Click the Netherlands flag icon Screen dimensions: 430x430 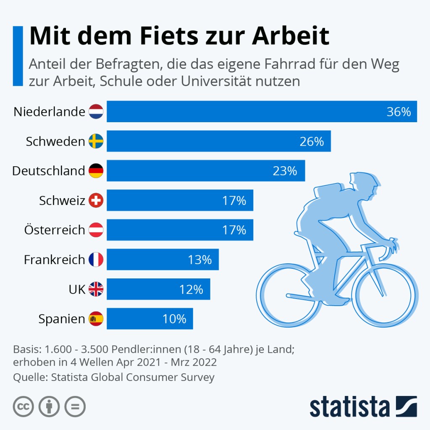[96, 112]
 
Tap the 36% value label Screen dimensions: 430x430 [399, 112]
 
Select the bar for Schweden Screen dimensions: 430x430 [218, 141]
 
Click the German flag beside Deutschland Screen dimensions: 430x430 [96, 171]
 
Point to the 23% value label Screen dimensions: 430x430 [285, 171]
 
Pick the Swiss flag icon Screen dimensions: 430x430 [96, 200]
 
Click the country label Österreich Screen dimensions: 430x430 [55, 230]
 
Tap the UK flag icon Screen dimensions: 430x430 [96, 289]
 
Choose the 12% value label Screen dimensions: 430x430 [191, 289]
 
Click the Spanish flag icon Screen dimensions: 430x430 [96, 319]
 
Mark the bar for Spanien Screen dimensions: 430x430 [149, 319]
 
